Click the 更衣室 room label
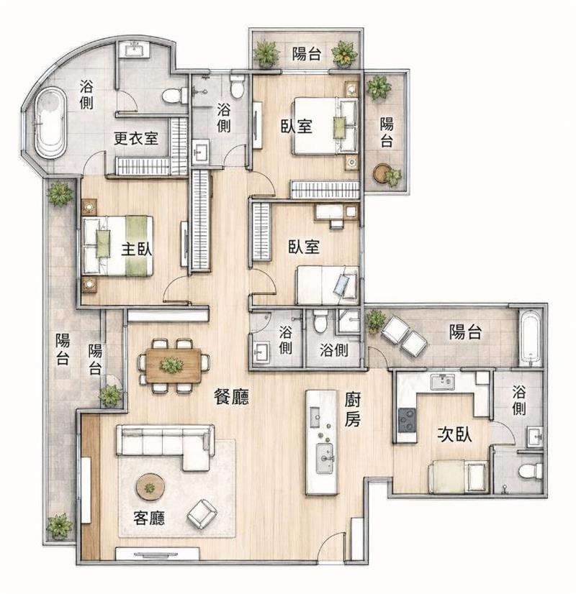136,138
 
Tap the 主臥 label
137,250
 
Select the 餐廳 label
231,397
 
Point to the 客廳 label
149,518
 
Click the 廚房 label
352,409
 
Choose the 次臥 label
454,434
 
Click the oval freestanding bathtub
51,122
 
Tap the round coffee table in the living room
150,487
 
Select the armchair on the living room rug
202,514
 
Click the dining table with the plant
174,365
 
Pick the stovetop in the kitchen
407,420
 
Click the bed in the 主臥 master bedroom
118,245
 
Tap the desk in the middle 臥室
336,212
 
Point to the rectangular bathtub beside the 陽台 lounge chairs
531,338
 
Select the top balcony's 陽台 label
307,54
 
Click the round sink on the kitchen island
325,458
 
